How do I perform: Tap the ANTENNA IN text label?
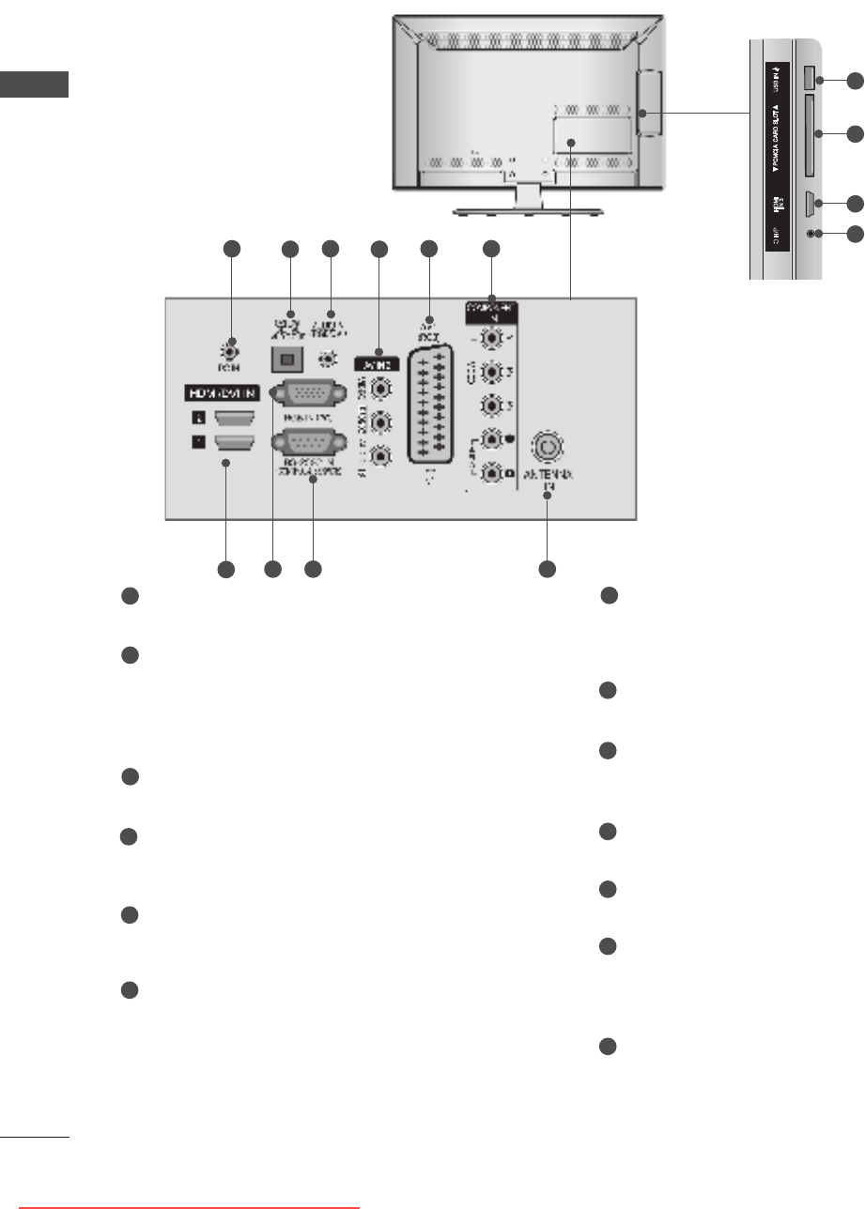tap(550, 481)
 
